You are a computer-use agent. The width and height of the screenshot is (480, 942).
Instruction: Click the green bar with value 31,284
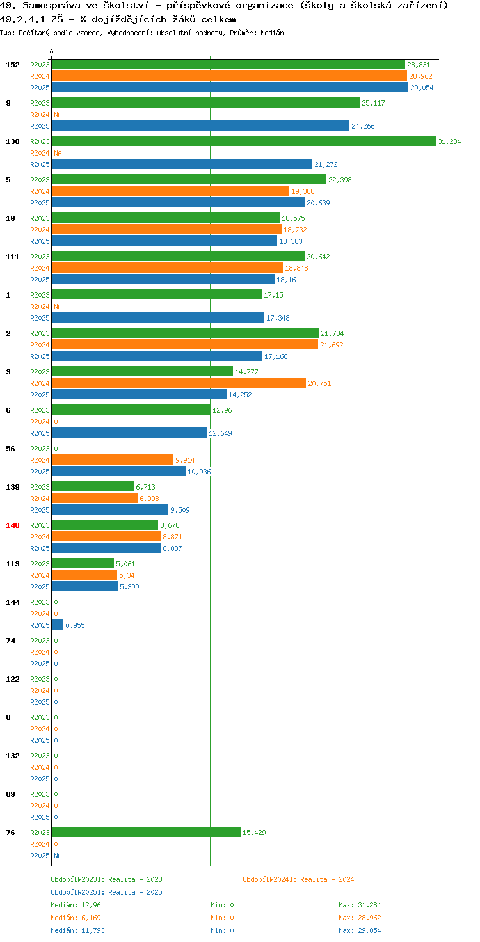tap(244, 141)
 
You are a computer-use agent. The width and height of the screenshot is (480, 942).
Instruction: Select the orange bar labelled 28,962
tap(229, 76)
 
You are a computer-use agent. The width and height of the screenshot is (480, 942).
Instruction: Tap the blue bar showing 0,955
tap(58, 625)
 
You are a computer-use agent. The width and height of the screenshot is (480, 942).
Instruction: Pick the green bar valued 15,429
tap(147, 832)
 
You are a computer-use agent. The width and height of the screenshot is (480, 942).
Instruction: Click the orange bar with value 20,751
tap(179, 383)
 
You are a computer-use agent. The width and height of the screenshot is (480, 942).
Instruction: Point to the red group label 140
tap(13, 525)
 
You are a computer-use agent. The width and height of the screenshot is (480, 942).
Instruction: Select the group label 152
tap(13, 65)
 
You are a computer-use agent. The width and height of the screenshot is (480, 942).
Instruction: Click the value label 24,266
tap(363, 126)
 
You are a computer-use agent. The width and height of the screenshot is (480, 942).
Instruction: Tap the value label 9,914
tap(185, 460)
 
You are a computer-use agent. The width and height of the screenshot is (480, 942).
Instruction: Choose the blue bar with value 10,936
tap(118, 471)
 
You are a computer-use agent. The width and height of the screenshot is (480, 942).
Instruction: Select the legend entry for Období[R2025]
tap(106, 892)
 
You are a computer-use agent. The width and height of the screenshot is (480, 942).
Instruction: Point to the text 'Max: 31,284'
tap(360, 905)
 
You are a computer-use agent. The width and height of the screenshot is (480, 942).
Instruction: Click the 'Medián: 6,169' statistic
tap(76, 918)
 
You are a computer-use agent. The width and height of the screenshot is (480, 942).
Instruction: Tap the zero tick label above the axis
tap(51, 52)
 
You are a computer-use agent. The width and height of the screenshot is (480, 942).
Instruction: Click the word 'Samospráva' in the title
tap(51, 6)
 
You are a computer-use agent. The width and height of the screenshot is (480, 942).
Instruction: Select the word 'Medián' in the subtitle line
tap(272, 33)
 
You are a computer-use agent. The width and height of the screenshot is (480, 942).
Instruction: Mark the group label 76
tap(10, 832)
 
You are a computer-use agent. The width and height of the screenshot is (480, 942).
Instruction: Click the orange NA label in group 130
tap(58, 153)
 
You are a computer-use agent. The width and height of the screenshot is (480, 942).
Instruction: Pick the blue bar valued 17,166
tap(157, 356)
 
